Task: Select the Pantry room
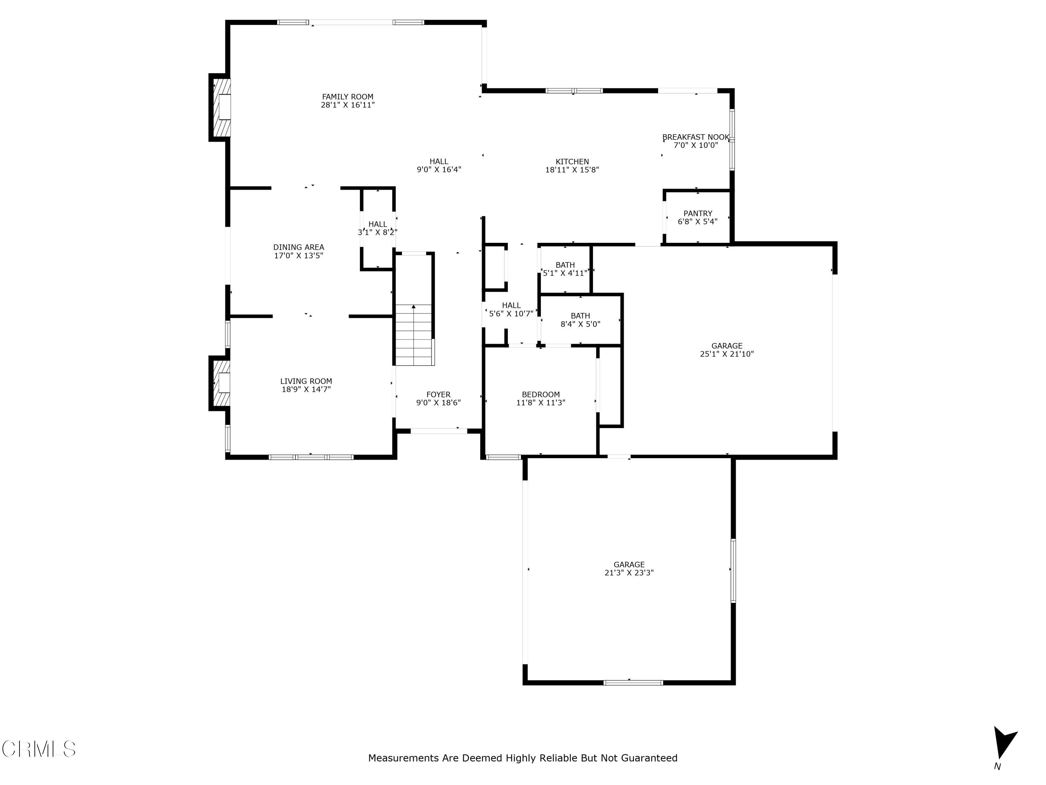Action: coord(697,218)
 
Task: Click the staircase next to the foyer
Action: coord(414,335)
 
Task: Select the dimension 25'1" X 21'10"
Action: coord(727,354)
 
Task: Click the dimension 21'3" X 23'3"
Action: coord(629,573)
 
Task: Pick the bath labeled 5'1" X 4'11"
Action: coord(565,269)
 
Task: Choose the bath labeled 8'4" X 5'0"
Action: coord(580,320)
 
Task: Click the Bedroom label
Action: coord(540,395)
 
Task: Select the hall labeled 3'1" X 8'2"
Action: coord(377,228)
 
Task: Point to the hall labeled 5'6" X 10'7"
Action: coord(511,309)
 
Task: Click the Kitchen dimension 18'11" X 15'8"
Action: coord(572,170)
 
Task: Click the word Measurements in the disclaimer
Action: coord(403,758)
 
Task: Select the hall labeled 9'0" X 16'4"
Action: coord(439,166)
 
